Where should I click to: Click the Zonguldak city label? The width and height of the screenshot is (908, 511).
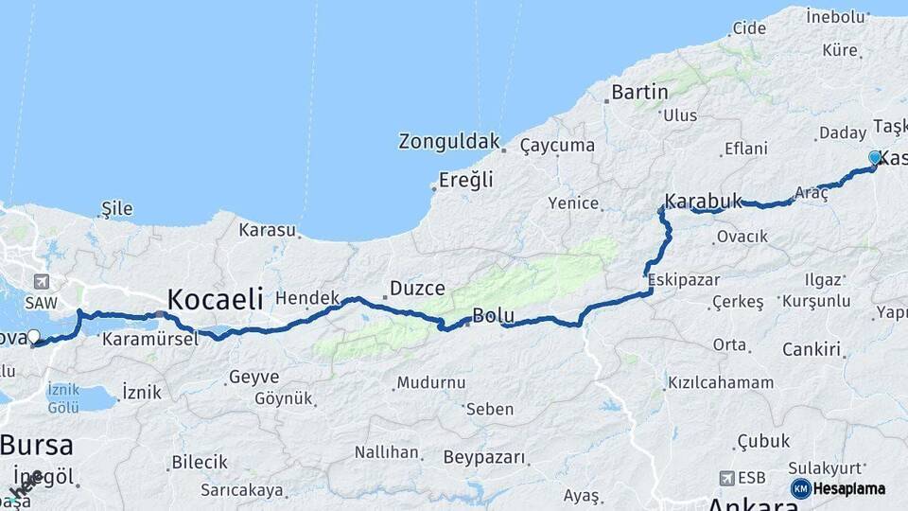(x=448, y=142)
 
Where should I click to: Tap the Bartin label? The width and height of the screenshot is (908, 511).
(x=639, y=92)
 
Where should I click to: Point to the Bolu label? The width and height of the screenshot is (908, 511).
(x=493, y=315)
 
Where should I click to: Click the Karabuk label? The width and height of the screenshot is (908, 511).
(x=703, y=202)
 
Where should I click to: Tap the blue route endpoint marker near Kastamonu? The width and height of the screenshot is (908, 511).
(x=875, y=158)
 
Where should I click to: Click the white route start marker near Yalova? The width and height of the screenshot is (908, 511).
(x=34, y=336)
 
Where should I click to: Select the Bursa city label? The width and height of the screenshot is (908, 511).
(x=37, y=445)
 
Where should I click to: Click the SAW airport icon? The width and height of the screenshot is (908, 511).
(x=41, y=282)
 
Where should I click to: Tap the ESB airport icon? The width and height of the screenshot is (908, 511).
(x=727, y=478)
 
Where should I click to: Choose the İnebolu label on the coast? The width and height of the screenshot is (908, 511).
(x=836, y=15)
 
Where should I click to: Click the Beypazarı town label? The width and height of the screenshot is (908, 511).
(x=483, y=458)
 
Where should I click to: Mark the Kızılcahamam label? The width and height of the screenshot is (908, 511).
(x=720, y=383)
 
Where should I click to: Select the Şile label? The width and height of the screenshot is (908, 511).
(x=117, y=209)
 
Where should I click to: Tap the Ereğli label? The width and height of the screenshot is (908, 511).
(x=465, y=181)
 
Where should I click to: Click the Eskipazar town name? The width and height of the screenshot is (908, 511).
(x=683, y=280)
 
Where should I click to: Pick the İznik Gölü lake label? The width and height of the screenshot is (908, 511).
(x=63, y=398)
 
